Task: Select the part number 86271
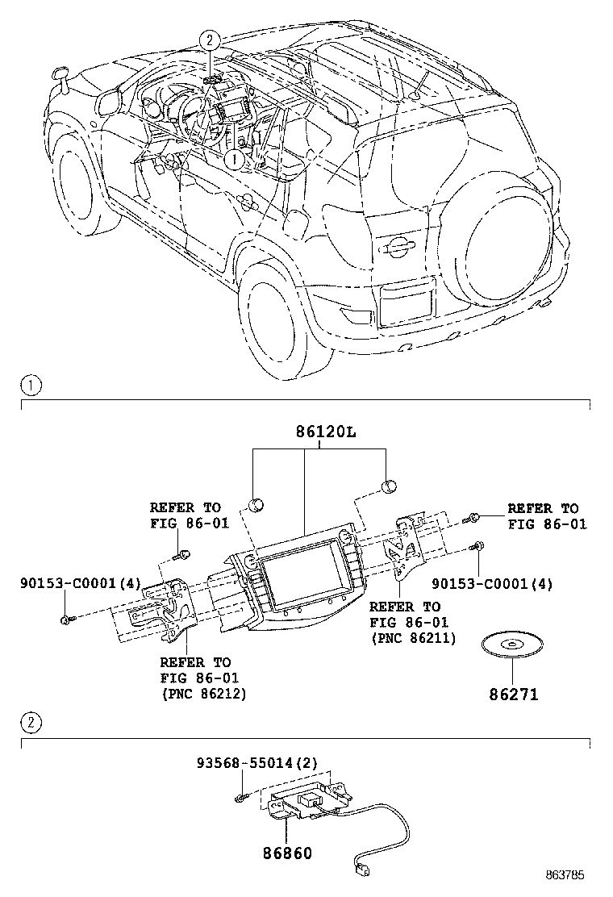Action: coord(512,694)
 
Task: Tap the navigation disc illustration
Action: coord(511,647)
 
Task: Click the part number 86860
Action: coord(286,852)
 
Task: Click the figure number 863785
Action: coord(564,874)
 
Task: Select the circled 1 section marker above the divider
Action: coord(29,386)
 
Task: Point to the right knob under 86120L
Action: coord(388,486)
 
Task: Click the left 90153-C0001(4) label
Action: coord(69,583)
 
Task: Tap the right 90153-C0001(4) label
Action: coord(492,583)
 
